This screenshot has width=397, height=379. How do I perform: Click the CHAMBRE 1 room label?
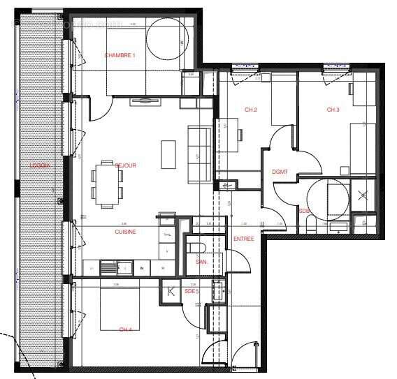[120, 55]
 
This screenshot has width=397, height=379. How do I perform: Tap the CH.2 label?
[251, 110]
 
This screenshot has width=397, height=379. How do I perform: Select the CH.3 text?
[333, 110]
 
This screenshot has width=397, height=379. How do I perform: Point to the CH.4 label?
[125, 329]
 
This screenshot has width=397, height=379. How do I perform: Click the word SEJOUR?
[125, 165]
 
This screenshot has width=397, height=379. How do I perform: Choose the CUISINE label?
[125, 231]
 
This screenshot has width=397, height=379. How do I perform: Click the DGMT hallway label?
[280, 172]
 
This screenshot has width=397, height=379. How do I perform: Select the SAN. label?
[201, 262]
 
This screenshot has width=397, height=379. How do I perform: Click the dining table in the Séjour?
[107, 184]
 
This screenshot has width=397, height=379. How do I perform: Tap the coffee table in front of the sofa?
[168, 154]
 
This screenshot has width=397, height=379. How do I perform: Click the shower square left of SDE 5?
[169, 293]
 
